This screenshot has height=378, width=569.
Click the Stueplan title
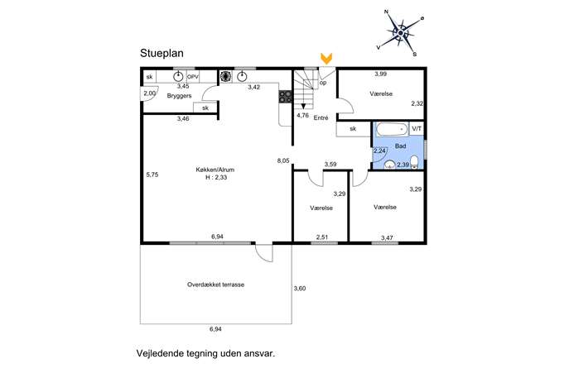click(x=162, y=54)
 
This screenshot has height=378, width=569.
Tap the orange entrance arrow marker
click(x=326, y=59)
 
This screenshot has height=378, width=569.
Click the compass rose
click(x=401, y=33)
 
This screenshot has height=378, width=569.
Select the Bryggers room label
click(x=179, y=96)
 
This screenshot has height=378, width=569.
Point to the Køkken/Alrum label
click(x=215, y=170)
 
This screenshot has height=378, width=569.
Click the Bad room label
click(x=400, y=146)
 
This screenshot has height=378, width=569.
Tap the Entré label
click(x=321, y=117)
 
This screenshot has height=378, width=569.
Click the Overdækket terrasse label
click(x=215, y=285)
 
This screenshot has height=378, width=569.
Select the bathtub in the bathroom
click(x=392, y=129)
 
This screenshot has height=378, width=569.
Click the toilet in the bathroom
click(x=414, y=162)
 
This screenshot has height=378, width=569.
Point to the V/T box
click(x=417, y=129)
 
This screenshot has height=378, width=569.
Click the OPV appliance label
click(x=193, y=77)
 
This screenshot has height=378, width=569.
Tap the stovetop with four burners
click(x=285, y=97)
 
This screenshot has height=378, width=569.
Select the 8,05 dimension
click(x=283, y=160)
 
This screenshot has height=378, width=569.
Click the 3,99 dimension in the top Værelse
click(x=381, y=74)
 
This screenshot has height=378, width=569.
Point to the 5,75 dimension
click(x=152, y=175)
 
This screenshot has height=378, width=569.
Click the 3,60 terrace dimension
click(x=300, y=289)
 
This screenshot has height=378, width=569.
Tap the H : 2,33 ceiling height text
click(x=216, y=177)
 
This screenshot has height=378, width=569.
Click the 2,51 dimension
click(x=322, y=237)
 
